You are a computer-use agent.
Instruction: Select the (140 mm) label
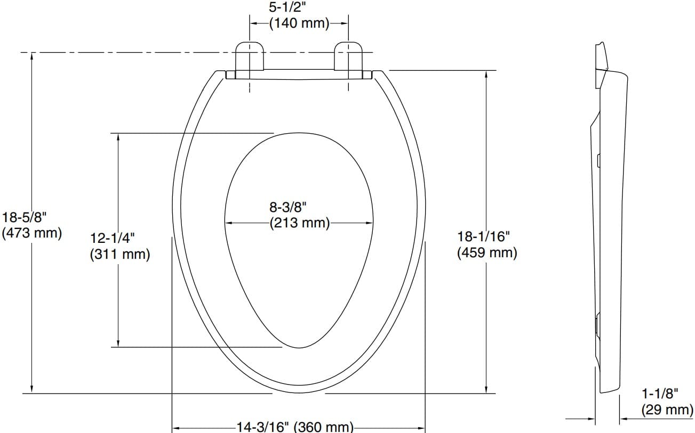pos(299,23)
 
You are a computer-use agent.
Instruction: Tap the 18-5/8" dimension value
pos(25,217)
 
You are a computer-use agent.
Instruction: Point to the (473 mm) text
pos(32,233)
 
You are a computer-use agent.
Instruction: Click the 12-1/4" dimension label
pos(113,238)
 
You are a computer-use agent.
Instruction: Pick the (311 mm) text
pos(120,255)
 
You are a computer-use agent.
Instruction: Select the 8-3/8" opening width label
pos(288,207)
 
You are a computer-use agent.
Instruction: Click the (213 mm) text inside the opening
pos(299,223)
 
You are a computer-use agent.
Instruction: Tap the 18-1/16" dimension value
pos(484,236)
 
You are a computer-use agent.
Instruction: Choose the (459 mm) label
pos(487,252)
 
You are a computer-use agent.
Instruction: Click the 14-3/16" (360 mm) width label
pos(295,427)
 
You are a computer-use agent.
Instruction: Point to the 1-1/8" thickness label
pos(660,394)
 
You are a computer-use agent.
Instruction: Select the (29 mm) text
pos(667,410)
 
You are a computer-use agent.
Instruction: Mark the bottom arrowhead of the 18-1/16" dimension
pos(486,390)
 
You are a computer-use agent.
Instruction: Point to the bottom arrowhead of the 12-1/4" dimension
pos(118,342)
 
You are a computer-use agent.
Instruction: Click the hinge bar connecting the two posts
pos(299,75)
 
